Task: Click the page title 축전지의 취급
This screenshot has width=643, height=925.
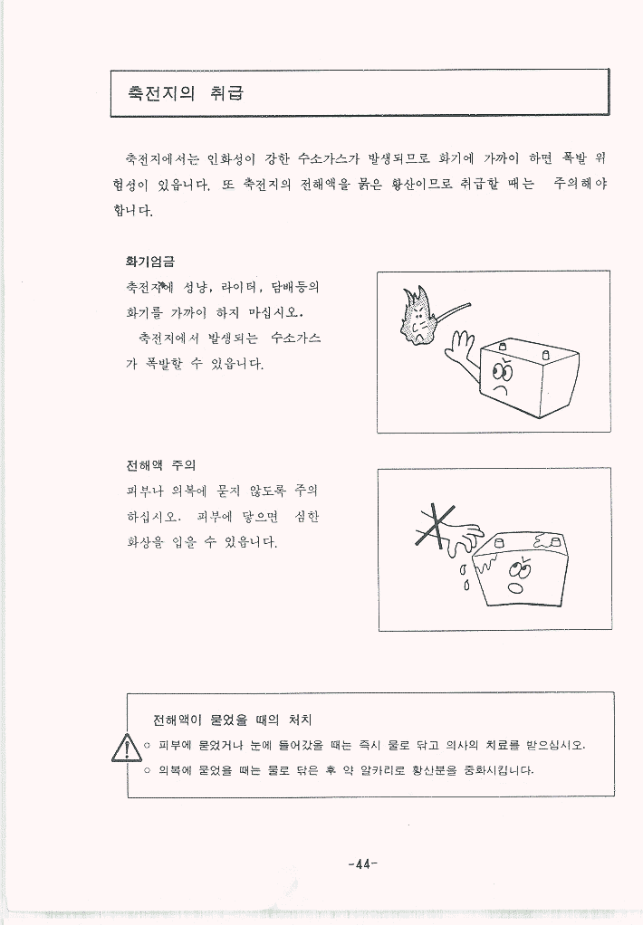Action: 186,93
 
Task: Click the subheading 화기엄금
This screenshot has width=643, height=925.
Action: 150,262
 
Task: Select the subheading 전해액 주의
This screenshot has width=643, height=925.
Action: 160,465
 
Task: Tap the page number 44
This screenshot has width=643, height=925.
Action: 362,864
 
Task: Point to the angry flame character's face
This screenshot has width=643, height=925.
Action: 418,324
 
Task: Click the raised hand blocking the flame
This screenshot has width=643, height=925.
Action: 460,349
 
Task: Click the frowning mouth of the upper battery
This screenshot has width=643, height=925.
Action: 501,390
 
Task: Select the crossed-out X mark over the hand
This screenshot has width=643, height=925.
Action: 437,526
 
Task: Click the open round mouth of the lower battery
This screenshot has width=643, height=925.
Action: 515,588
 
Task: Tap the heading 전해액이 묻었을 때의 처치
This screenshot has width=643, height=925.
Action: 232,720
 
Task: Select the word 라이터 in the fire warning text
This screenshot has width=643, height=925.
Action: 239,287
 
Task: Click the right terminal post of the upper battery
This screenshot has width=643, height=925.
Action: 545,355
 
